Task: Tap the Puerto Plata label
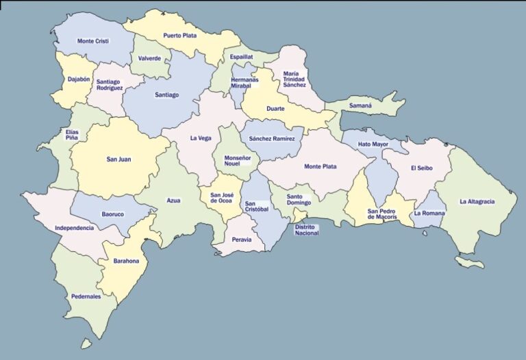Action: (180, 36)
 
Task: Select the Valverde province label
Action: (149, 58)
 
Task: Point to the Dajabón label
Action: (79, 79)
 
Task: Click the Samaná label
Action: (360, 106)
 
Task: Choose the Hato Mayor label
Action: (373, 144)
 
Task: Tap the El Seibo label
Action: (423, 168)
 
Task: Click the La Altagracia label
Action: (477, 201)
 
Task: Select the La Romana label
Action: (429, 213)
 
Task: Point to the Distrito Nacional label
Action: (307, 230)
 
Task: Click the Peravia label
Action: (242, 240)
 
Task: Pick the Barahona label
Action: (126, 261)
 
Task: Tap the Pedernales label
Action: (86, 296)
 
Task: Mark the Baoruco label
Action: (112, 214)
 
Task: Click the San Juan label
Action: (118, 159)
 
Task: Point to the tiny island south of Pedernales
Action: (86, 343)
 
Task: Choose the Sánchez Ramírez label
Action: (271, 138)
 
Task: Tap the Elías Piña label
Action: (72, 134)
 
